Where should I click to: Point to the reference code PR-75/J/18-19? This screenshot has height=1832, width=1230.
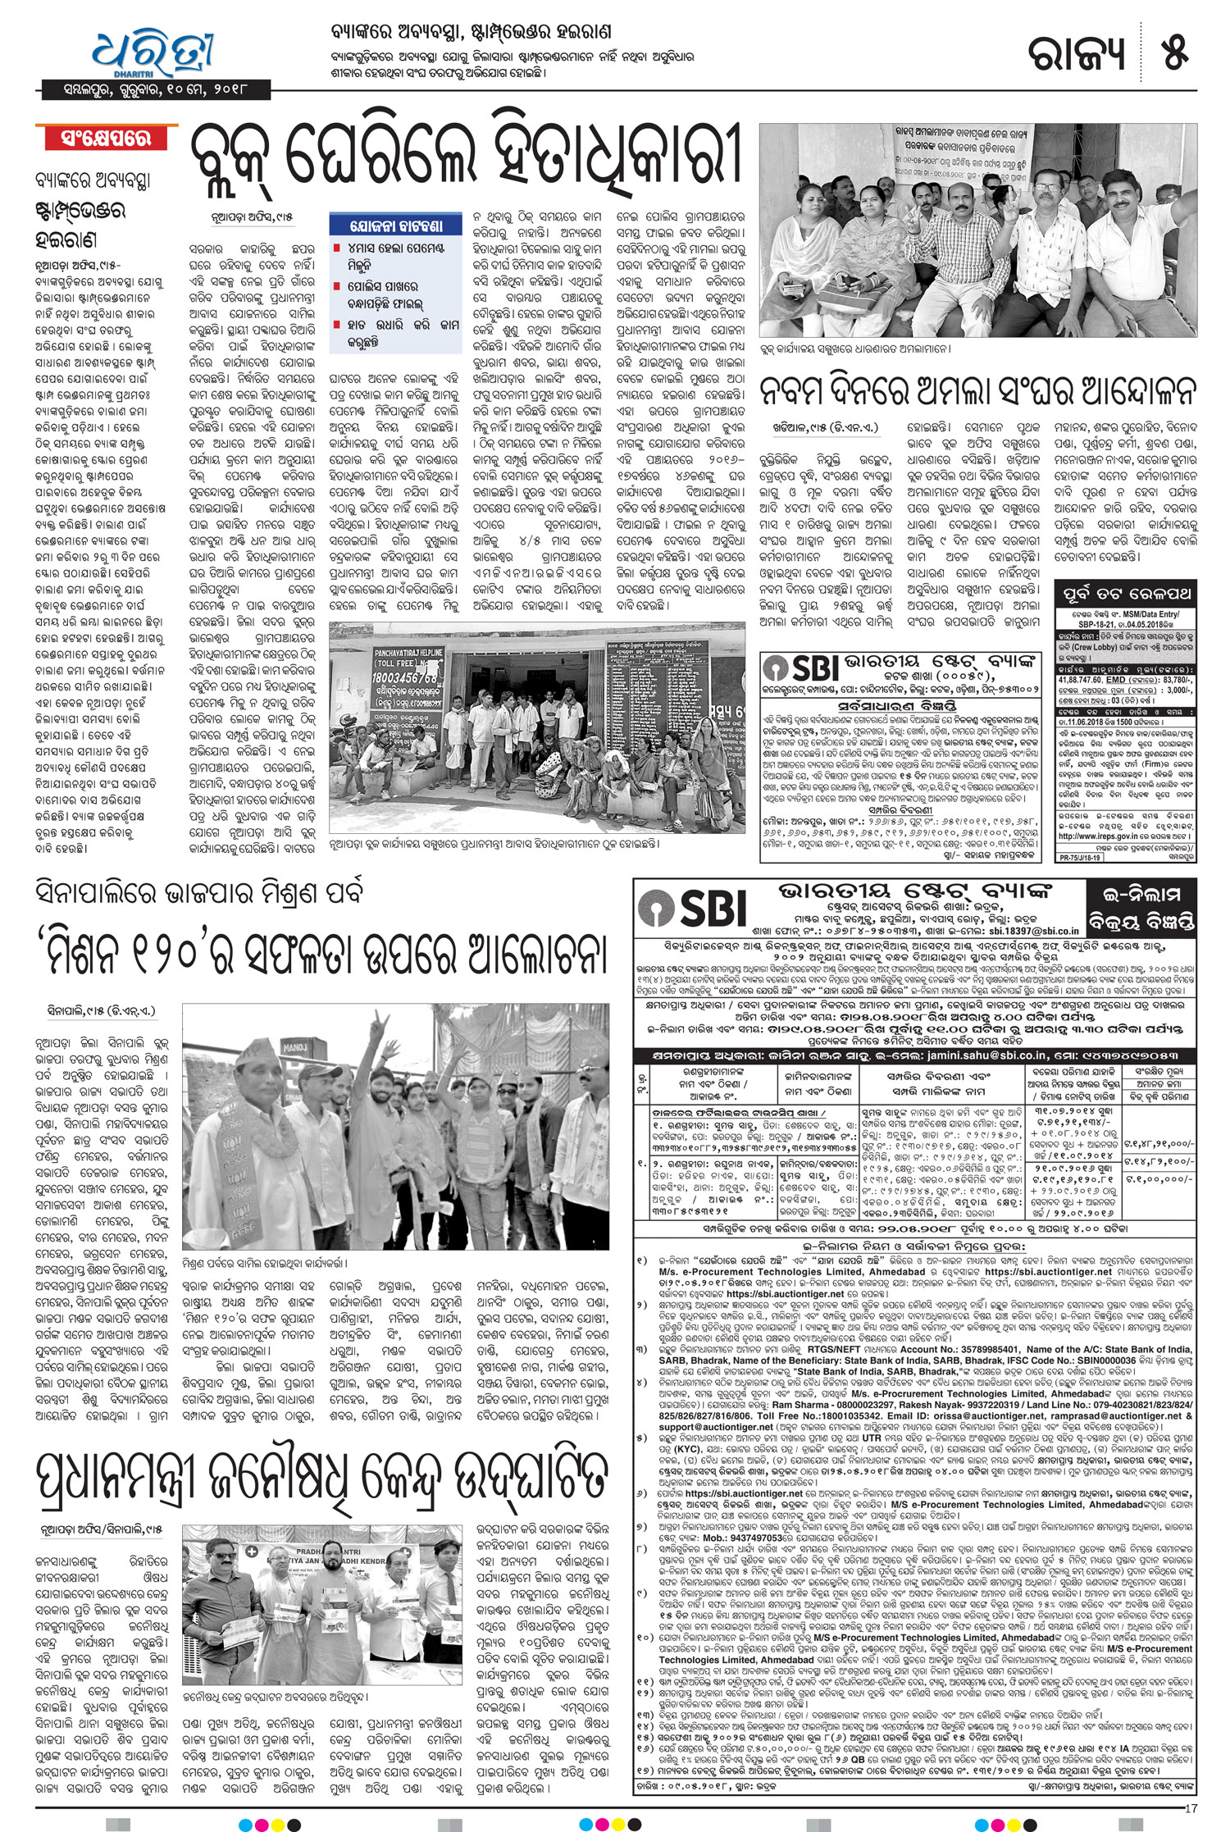click(1079, 857)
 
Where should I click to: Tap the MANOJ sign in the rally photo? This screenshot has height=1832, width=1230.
click(294, 1047)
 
